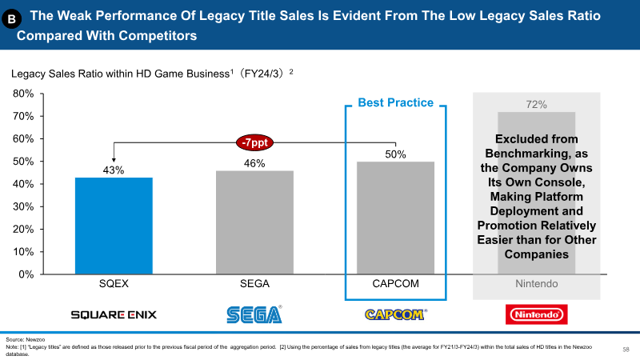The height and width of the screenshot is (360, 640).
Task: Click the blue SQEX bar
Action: [114, 226]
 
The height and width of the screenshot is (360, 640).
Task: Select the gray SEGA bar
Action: [254, 222]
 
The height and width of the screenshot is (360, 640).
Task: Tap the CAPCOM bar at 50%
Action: [395, 218]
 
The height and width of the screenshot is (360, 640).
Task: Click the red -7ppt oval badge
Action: [254, 142]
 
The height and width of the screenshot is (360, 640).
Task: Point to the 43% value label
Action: [114, 170]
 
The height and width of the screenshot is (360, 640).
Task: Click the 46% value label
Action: [254, 163]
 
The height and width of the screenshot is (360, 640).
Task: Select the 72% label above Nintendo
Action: [536, 105]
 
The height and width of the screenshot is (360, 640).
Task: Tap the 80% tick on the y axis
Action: [23, 94]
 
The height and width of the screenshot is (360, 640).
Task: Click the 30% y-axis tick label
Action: [23, 206]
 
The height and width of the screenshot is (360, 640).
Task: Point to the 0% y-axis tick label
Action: [26, 274]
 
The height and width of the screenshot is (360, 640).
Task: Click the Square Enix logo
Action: [114, 314]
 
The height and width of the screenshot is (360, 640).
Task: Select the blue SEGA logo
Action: [254, 314]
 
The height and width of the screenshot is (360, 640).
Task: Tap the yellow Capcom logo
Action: [395, 314]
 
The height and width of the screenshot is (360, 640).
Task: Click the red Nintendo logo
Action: [536, 314]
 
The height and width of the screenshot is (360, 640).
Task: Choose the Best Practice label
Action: [395, 102]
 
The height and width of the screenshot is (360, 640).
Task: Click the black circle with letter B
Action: [11, 18]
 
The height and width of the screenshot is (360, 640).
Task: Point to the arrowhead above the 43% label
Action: [114, 161]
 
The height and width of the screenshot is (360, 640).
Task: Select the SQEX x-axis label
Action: [114, 284]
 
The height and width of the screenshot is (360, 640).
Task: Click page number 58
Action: [626, 350]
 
